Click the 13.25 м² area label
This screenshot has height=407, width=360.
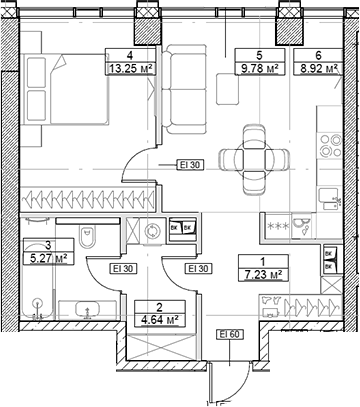pyautogui.click(x=131, y=69)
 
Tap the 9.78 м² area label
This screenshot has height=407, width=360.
pyautogui.click(x=260, y=69)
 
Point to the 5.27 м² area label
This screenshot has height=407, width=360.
pyautogui.click(x=48, y=258)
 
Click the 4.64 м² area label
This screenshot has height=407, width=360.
pyautogui.click(x=160, y=320)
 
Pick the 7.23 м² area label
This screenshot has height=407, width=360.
pyautogui.click(x=263, y=275)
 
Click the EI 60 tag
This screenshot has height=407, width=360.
pyautogui.click(x=230, y=334)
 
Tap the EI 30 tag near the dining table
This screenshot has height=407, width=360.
pyautogui.click(x=190, y=165)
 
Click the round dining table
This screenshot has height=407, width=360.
pyautogui.click(x=254, y=159)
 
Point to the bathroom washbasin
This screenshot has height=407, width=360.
pyautogui.click(x=87, y=309)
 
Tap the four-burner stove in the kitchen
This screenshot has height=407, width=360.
pyautogui.click(x=330, y=145)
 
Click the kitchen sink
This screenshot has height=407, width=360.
pyautogui.click(x=330, y=199)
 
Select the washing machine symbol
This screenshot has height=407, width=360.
pyautogui.click(x=153, y=231)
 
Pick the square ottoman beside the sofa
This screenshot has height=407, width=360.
pyautogui.click(x=228, y=89)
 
